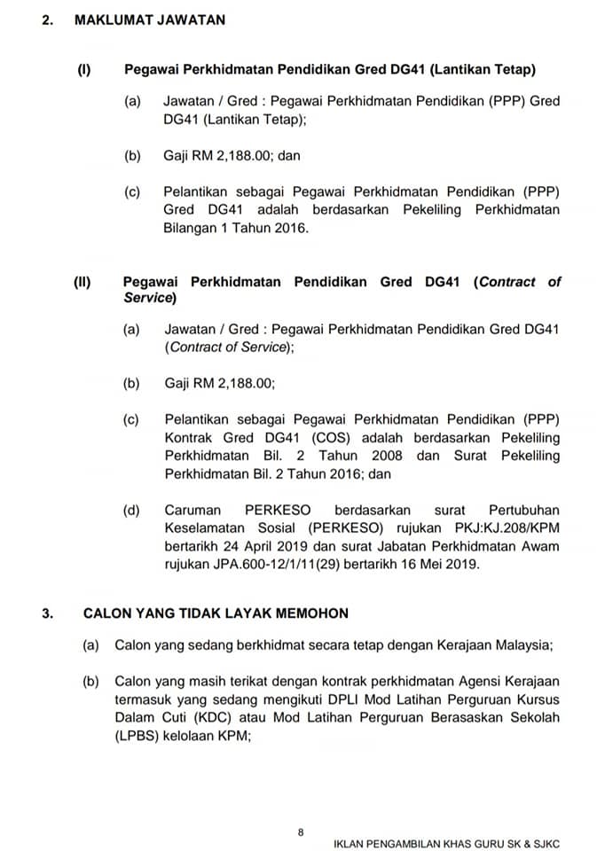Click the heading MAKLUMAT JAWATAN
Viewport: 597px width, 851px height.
point(149,20)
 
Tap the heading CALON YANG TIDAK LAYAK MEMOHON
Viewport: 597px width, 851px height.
point(216,613)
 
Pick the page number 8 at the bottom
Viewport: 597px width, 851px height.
point(301,831)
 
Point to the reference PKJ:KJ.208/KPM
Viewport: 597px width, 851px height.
point(507,528)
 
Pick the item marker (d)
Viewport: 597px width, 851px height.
point(132,511)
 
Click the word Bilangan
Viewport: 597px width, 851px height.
point(191,228)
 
